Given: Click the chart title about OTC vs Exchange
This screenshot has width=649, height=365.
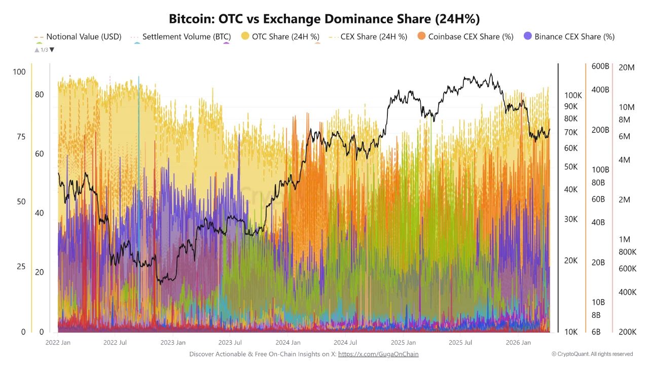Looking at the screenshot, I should point(324,19).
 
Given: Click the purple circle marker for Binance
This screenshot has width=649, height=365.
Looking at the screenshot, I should point(528,36).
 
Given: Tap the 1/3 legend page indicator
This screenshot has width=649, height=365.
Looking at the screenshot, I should point(44,50).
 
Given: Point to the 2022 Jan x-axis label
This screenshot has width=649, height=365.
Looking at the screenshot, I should point(58,342).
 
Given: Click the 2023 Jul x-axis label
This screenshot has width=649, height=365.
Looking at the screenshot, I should point(230,342).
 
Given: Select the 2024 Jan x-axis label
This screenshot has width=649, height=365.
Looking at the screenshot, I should point(288,342).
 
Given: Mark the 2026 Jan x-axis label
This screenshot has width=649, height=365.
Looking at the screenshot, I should point(519,342).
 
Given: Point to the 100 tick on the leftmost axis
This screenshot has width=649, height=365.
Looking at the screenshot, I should point(19,72).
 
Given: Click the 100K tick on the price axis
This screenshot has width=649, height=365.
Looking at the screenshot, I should point(573,95).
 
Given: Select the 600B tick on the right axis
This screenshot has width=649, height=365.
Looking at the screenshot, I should point(600,67).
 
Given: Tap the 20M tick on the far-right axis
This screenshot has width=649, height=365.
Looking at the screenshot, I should point(627,67).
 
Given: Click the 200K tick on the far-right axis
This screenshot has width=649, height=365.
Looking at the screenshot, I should point(627,332).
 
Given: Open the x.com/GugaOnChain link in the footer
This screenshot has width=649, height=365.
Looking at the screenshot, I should point(378,354).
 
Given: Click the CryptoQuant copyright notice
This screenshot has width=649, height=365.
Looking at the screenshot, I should point(592,354).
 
